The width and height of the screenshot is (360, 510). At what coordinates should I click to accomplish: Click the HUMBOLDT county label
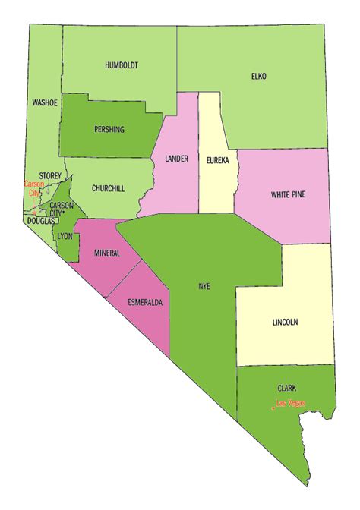click(122, 66)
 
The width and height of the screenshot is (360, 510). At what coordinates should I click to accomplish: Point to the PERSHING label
click(109, 129)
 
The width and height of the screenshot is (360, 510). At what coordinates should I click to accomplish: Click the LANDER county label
click(176, 159)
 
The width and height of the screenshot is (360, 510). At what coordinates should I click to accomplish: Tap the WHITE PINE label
click(289, 195)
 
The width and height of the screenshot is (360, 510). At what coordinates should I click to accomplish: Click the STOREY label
click(50, 175)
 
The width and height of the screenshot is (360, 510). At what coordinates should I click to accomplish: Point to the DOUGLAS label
click(40, 221)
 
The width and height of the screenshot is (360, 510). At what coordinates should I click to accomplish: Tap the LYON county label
click(64, 237)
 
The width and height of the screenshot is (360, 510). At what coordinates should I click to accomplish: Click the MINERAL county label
click(106, 252)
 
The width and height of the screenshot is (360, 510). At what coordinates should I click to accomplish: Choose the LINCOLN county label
click(284, 322)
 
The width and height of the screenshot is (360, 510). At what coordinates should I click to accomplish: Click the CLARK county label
click(286, 387)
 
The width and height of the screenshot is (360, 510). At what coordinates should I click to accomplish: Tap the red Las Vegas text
click(290, 403)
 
